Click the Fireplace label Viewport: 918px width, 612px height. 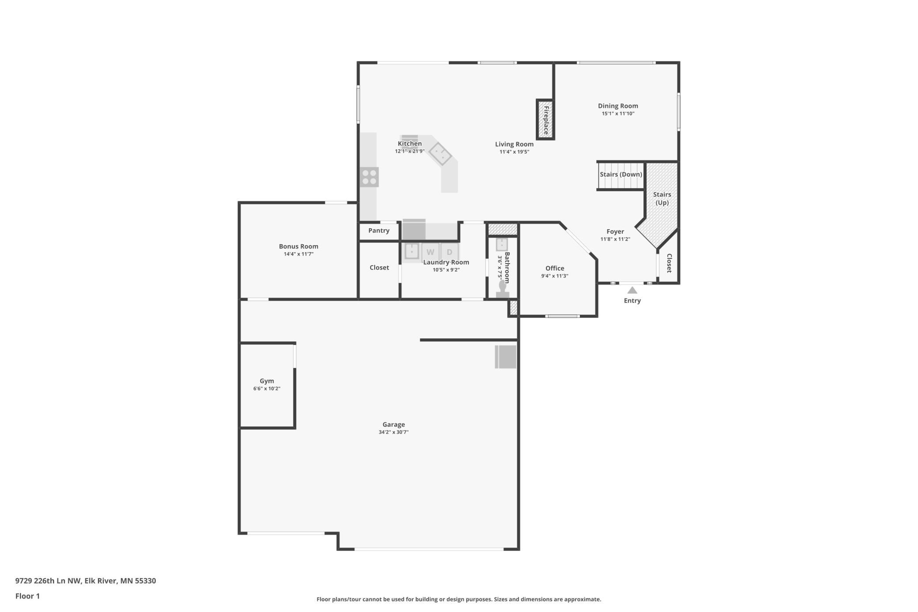click(546, 120)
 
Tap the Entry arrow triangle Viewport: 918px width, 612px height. click(632, 290)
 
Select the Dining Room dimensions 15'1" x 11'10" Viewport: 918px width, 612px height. click(618, 113)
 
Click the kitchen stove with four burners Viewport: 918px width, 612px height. click(369, 177)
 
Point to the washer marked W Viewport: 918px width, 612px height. click(430, 252)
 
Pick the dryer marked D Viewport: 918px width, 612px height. click(449, 252)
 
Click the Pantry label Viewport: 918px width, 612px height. click(379, 230)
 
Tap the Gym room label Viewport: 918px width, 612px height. click(267, 381)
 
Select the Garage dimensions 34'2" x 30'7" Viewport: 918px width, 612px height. click(394, 432)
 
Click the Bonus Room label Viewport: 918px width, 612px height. click(298, 246)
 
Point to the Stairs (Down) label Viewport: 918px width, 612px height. click(621, 174)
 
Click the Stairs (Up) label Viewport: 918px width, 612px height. click(662, 198)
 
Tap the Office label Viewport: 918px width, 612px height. click(555, 268)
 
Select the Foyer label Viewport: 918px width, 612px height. click(615, 231)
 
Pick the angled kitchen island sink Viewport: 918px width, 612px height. click(440, 154)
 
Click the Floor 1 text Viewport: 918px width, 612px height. click(27, 596)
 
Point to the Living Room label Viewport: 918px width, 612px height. click(514, 144)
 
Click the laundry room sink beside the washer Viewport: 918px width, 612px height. click(412, 251)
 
